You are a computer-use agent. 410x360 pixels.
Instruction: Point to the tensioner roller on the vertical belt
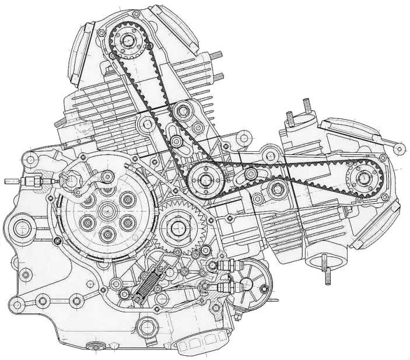(x=184, y=110)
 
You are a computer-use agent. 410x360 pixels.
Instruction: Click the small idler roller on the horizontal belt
(x=250, y=174)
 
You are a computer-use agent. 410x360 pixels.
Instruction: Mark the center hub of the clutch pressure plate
(x=107, y=209)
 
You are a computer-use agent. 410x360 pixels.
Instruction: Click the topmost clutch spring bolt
(x=107, y=188)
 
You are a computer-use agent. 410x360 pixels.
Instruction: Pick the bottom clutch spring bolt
(x=107, y=234)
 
